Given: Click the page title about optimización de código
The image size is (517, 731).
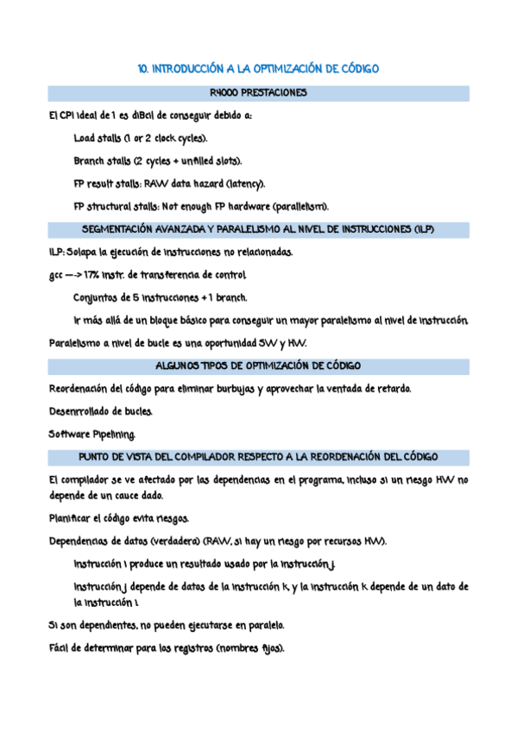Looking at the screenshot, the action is click(x=259, y=68).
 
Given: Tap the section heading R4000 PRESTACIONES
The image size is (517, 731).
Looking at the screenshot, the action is click(x=259, y=92).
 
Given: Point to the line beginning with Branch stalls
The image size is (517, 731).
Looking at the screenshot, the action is click(x=158, y=160).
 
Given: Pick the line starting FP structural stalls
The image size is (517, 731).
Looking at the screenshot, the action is click(x=200, y=206).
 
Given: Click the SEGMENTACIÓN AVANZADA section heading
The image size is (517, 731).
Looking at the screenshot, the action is click(x=259, y=229).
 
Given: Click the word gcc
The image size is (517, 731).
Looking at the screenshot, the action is click(x=58, y=275).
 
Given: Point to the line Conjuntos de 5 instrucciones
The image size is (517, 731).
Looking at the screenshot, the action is click(x=161, y=297).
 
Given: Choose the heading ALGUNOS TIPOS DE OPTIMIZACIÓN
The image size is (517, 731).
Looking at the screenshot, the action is click(x=259, y=365).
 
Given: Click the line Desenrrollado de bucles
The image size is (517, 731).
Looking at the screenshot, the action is click(x=102, y=411).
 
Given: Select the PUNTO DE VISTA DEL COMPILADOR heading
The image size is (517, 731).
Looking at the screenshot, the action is click(x=259, y=456).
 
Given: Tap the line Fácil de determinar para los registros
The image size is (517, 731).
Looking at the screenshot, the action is click(x=167, y=648).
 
